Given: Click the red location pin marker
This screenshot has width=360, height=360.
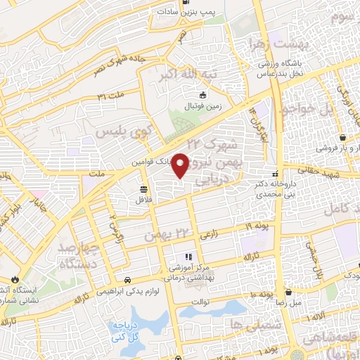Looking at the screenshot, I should [181, 165].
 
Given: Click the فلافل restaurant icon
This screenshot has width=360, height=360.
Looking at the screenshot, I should [144, 189].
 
